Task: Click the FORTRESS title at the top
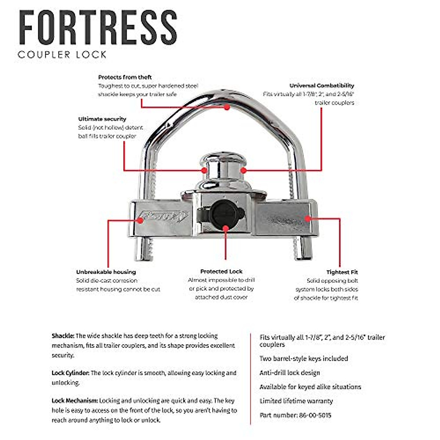pos(98,28)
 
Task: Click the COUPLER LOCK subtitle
pos(62,55)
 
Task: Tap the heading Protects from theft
pos(125,77)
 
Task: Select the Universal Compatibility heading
pos(322,85)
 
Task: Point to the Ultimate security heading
pos(102,119)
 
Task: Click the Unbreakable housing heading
pos(106,272)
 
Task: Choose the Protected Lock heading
pos(221,272)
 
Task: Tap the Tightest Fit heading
pos(342,272)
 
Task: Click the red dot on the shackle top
pos(227,107)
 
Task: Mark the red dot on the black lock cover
pos(225,228)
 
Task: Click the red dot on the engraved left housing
pos(140,220)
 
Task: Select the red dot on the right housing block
pos(308,219)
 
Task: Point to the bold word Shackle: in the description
pos(63,336)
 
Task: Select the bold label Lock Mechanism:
pos(75,401)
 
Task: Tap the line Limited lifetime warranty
pos(296,401)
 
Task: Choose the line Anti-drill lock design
pos(289,373)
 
